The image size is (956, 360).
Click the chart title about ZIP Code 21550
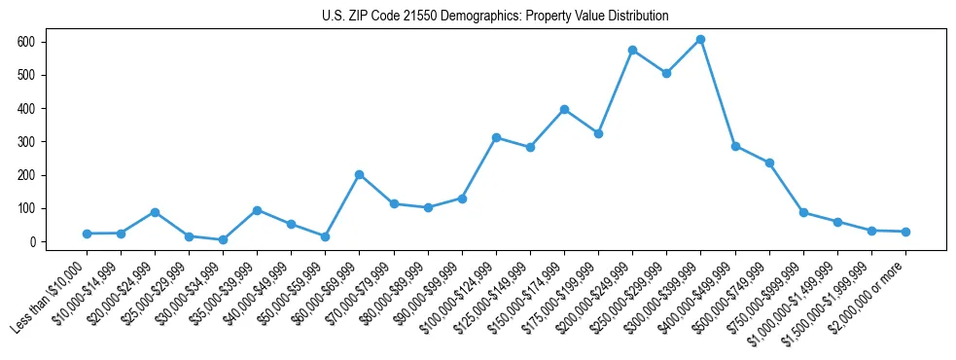point(495,17)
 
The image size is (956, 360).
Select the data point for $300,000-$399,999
point(700,40)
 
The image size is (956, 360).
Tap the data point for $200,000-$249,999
point(632,50)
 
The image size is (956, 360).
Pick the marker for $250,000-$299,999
point(666,73)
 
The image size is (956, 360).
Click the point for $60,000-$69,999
point(360,175)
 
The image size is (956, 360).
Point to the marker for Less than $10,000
point(87,234)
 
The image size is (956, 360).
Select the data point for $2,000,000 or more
point(905,232)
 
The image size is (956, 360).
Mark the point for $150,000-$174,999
point(564,110)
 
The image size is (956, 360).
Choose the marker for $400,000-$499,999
point(735,146)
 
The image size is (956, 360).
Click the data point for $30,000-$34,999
point(223,239)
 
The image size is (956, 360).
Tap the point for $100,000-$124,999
point(496,138)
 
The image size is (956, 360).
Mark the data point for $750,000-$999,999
point(803,212)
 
